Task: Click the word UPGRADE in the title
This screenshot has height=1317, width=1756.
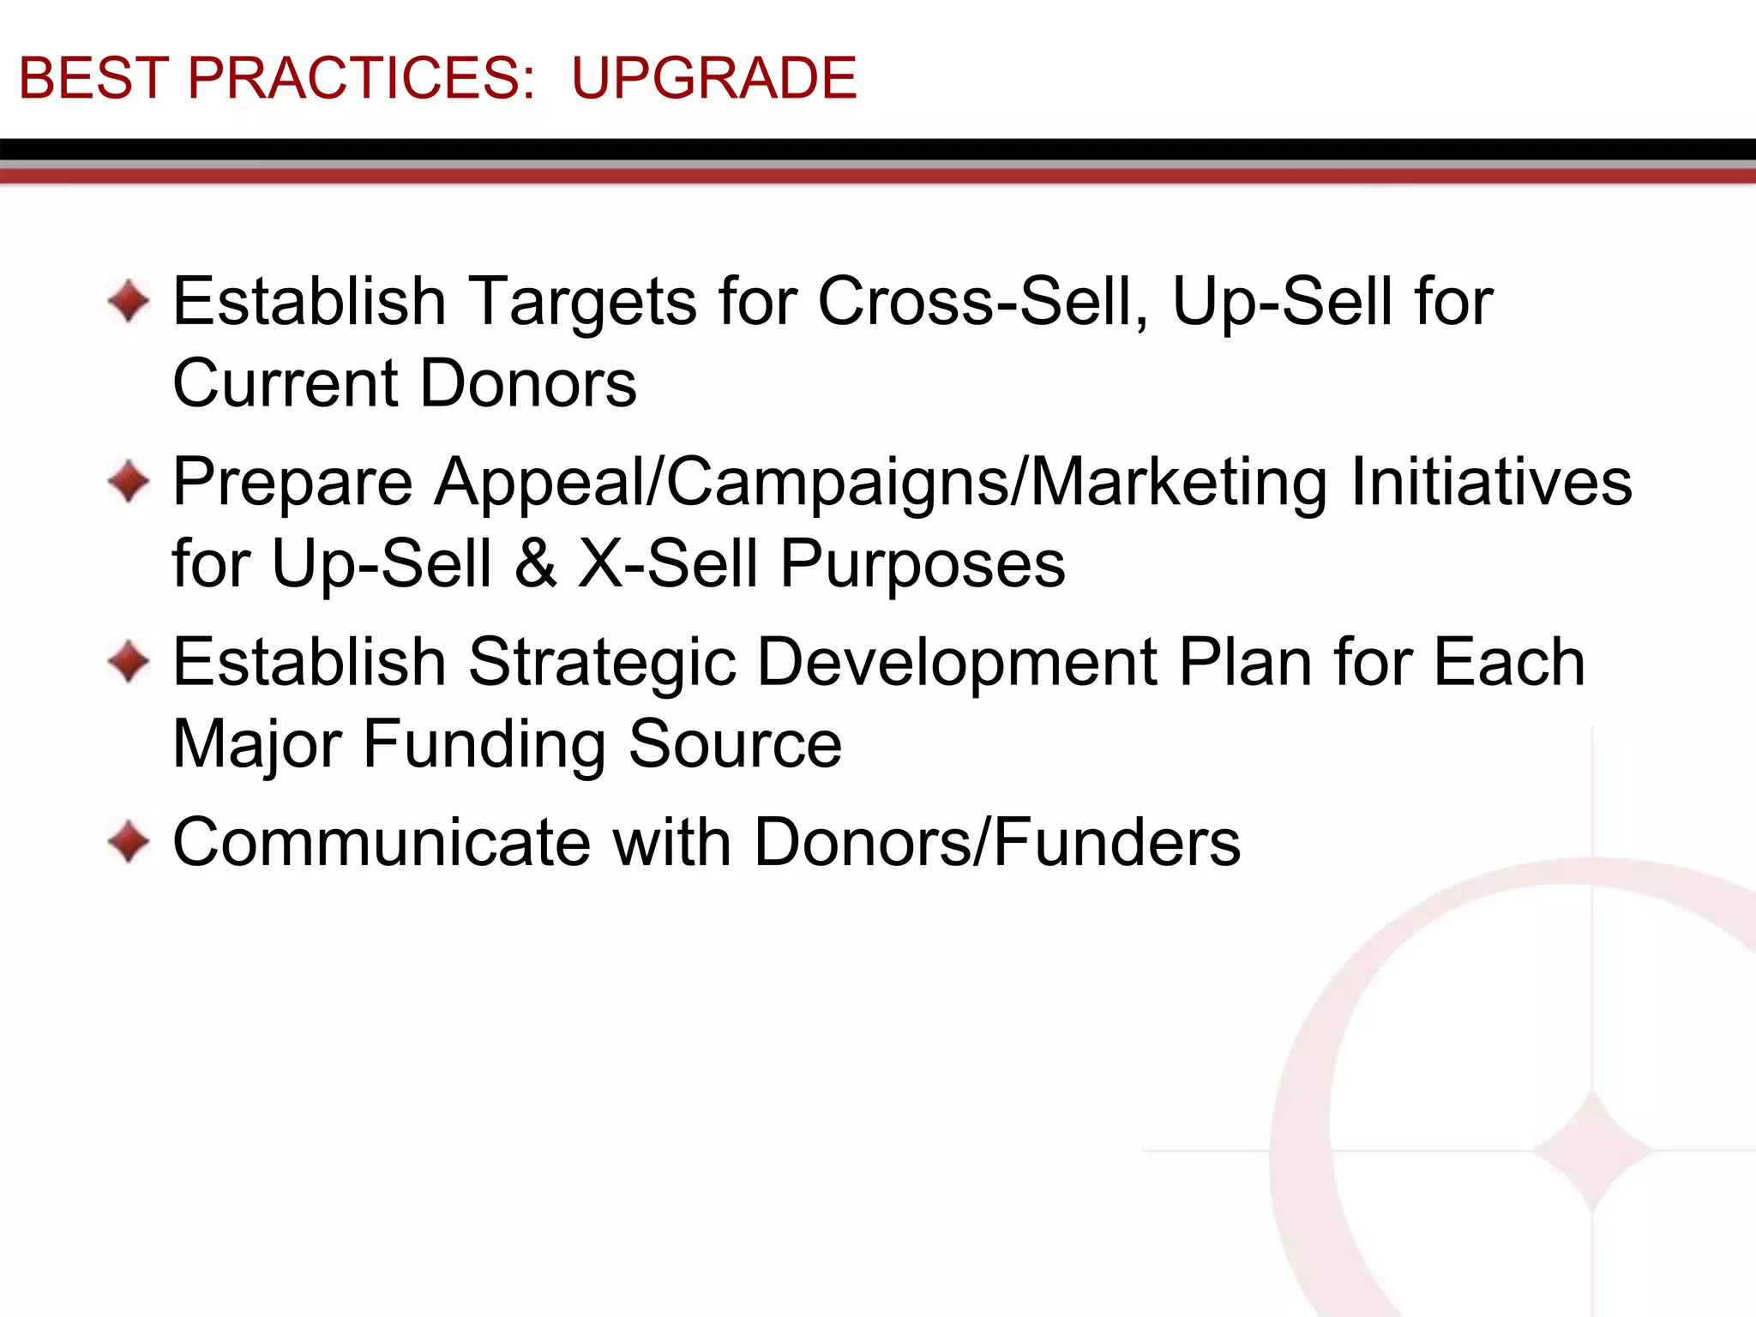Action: click(x=713, y=78)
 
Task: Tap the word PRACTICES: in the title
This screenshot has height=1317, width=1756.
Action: click(x=361, y=78)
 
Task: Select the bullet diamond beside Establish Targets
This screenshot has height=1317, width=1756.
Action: click(x=129, y=302)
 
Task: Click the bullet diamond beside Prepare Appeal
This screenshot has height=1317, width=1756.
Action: click(x=129, y=482)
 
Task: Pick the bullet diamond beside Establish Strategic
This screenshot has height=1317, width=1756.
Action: click(x=129, y=662)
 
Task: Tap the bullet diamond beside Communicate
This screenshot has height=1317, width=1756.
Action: click(x=129, y=842)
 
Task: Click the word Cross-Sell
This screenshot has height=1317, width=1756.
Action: click(x=983, y=302)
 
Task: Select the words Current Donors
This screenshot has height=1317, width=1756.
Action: click(x=404, y=383)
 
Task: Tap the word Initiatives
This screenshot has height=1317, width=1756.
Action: click(x=1491, y=482)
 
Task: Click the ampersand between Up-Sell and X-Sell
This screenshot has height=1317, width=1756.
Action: click(x=536, y=563)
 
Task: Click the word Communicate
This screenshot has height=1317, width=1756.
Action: click(x=382, y=842)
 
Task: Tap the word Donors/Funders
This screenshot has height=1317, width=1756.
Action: click(x=996, y=842)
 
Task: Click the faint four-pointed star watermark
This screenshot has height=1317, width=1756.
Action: click(x=1591, y=1151)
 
